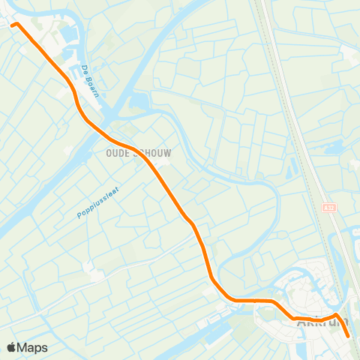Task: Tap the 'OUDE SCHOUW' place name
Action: pyautogui.click(x=133, y=153)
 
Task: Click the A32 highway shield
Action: pyautogui.click(x=329, y=206)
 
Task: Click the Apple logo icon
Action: pyautogui.click(x=11, y=347)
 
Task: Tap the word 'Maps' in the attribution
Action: pyautogui.click(x=32, y=347)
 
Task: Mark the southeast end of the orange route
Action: pyautogui.click(x=349, y=337)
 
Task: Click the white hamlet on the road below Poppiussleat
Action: pyautogui.click(x=96, y=272)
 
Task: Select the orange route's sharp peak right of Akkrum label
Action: pyautogui.click(x=337, y=315)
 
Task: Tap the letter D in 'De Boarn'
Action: pyautogui.click(x=83, y=69)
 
